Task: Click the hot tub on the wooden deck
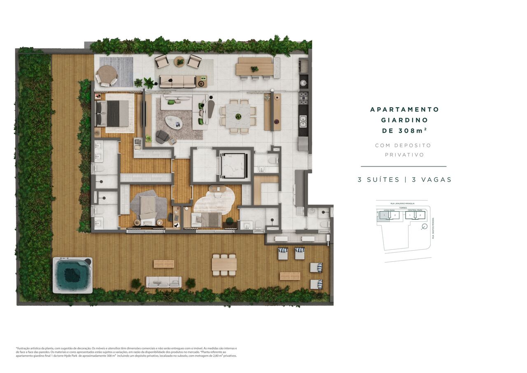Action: click(72, 275)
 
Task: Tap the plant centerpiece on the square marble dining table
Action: click(238, 117)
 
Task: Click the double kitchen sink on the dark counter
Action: click(303, 121)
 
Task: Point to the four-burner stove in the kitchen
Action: click(303, 98)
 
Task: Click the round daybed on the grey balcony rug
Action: click(107, 76)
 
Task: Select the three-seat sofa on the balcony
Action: click(177, 81)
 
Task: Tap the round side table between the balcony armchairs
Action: click(180, 62)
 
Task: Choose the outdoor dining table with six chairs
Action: click(224, 265)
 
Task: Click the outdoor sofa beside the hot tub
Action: click(163, 282)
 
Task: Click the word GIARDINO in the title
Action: click(404, 120)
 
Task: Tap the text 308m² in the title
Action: click(415, 131)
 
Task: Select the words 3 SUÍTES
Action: click(378, 180)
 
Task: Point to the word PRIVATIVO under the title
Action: click(404, 155)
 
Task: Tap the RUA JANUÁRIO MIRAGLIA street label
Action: click(402, 203)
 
